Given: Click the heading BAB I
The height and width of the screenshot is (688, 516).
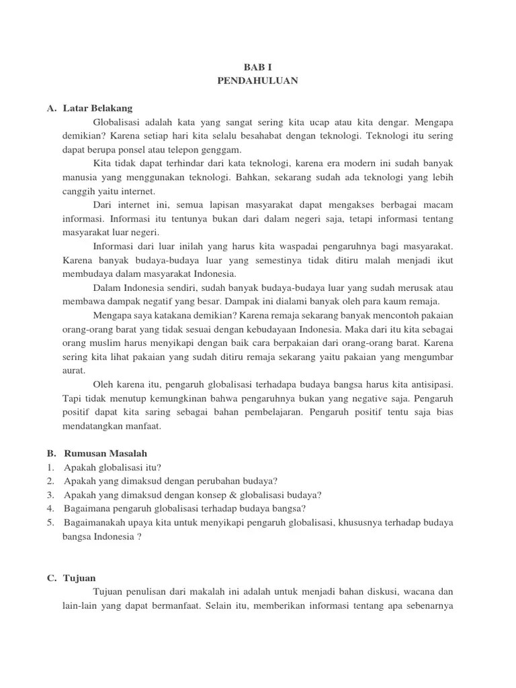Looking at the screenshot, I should [257, 68].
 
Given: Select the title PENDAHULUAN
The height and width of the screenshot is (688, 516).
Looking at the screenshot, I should [257, 81].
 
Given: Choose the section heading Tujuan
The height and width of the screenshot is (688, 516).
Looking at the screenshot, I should [80, 578].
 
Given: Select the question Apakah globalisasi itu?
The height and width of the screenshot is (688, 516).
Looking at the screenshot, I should [113, 468].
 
